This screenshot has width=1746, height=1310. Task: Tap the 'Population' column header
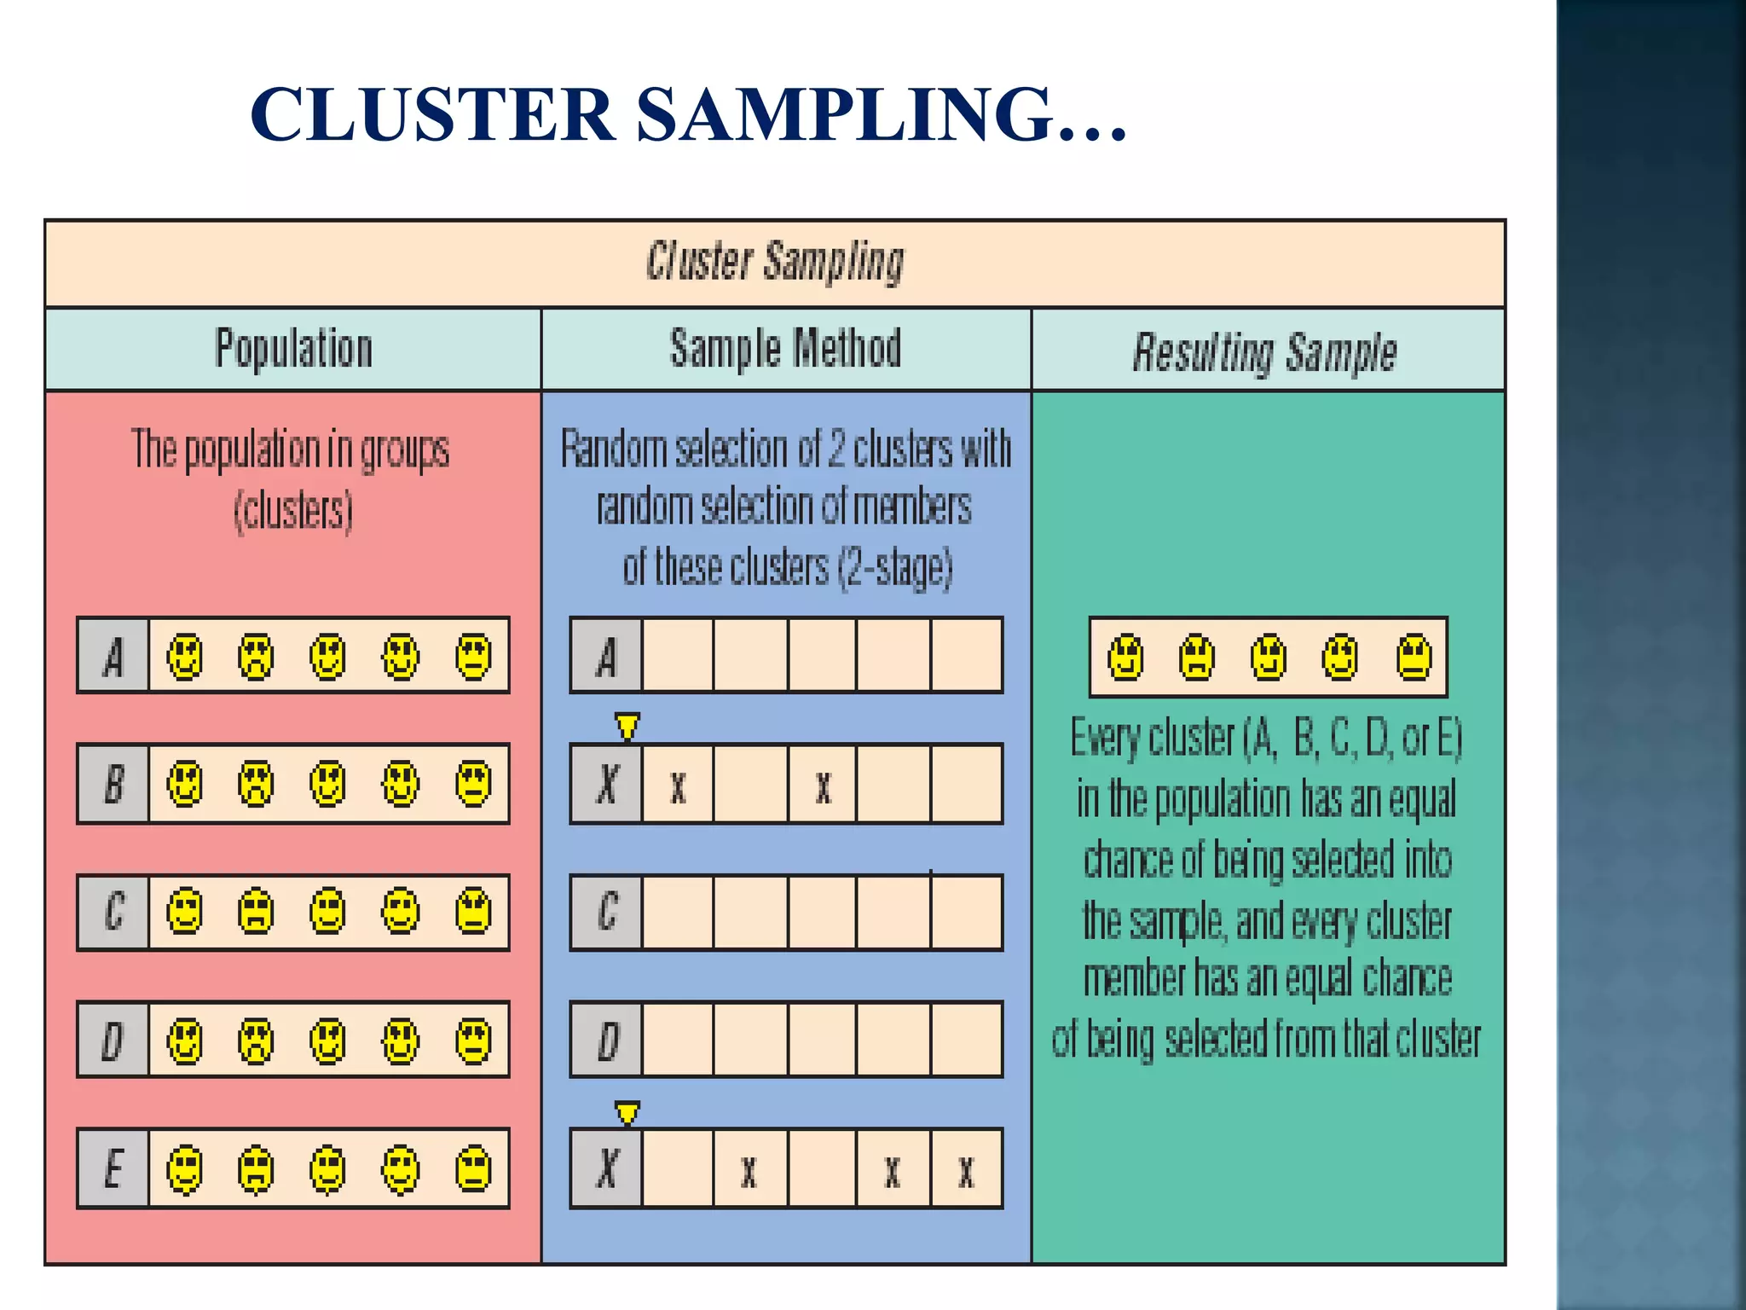(x=293, y=349)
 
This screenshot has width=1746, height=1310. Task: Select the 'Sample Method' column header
(x=785, y=349)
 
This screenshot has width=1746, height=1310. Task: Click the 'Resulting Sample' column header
(x=1264, y=352)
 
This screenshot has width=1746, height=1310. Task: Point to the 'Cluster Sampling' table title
(x=774, y=261)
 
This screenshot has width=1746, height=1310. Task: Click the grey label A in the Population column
(x=113, y=657)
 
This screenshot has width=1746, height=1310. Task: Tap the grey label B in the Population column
(x=113, y=784)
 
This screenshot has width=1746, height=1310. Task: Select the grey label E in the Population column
(x=113, y=1168)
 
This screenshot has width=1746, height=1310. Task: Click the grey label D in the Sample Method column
(x=607, y=1040)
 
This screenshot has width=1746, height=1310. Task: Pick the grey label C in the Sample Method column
(x=607, y=912)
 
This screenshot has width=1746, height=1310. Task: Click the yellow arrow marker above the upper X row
(x=627, y=727)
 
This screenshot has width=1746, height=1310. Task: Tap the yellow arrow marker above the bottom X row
(x=627, y=1113)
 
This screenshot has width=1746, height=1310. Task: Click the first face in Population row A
(x=185, y=657)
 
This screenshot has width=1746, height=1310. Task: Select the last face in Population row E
(x=473, y=1168)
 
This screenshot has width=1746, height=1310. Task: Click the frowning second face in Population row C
(x=256, y=912)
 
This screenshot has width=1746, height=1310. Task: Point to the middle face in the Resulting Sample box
(x=1269, y=658)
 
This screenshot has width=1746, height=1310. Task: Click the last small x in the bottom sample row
(x=966, y=1172)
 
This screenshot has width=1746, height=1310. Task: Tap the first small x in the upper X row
(x=678, y=787)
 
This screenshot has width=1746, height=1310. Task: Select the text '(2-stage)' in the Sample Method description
(x=895, y=569)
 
